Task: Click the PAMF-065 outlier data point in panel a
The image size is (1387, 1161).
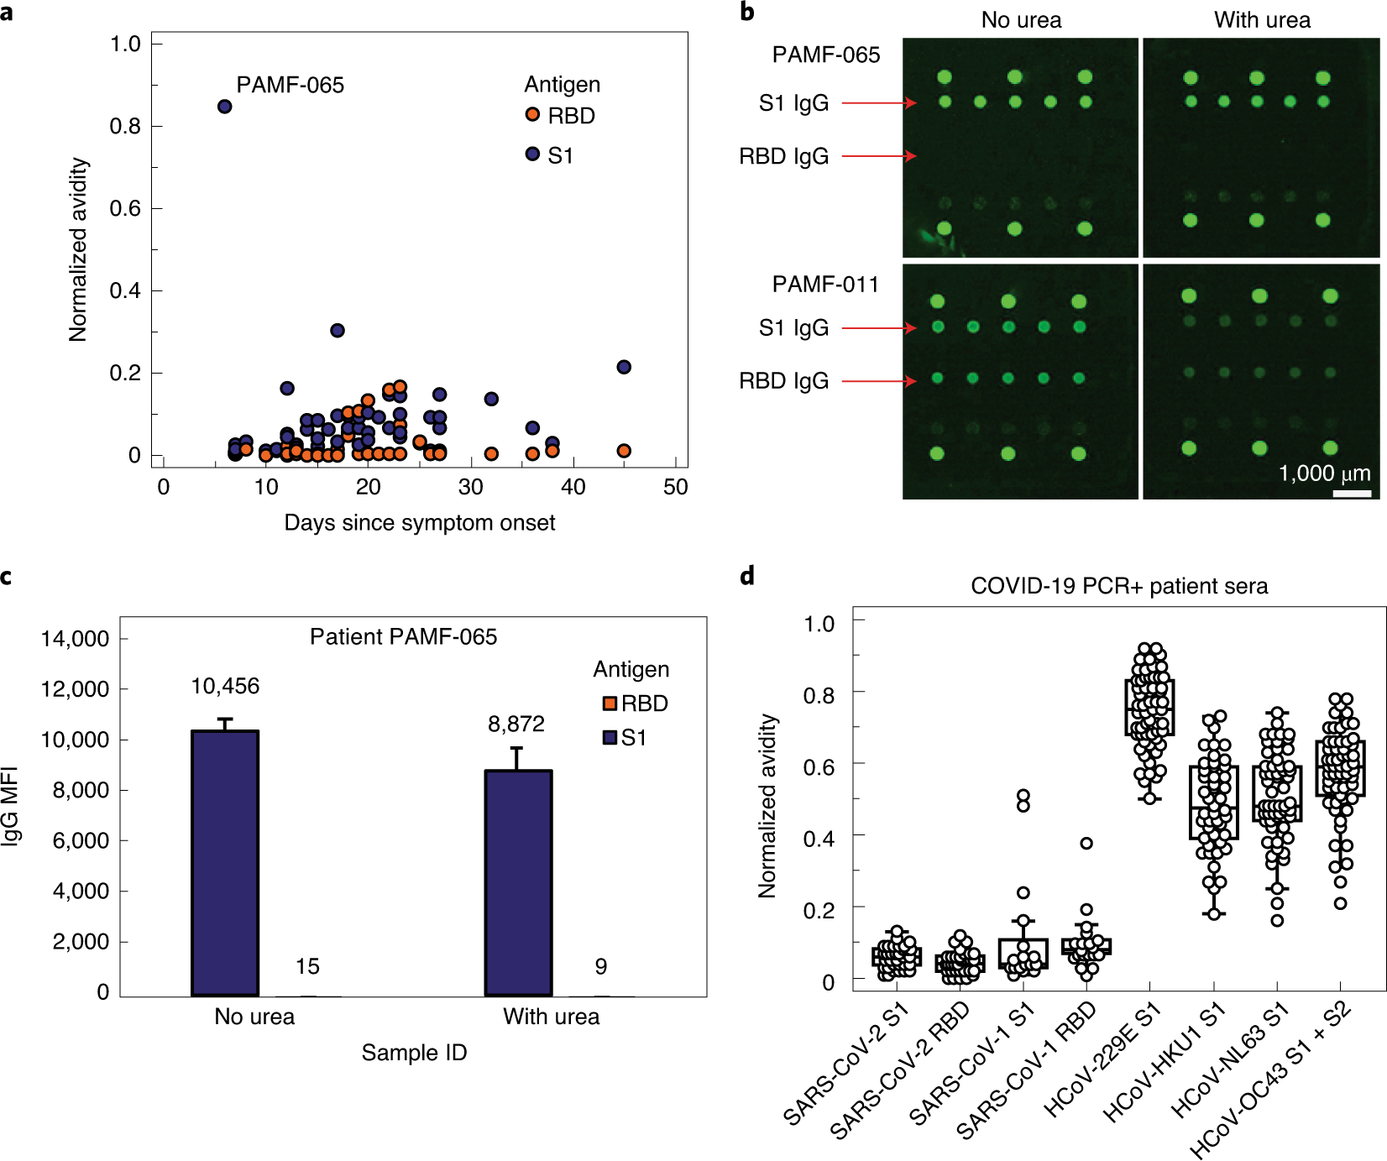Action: [224, 107]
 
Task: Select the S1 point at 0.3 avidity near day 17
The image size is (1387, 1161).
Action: [338, 330]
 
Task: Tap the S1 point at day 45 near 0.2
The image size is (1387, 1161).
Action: [624, 367]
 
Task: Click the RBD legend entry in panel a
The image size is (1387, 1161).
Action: [560, 116]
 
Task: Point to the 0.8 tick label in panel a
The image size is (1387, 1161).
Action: [125, 127]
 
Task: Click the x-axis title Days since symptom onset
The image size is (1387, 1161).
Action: [419, 523]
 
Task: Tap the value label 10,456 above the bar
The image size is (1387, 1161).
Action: [225, 687]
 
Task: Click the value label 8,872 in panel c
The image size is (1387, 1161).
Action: [516, 724]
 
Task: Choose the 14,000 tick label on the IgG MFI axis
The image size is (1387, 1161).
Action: [76, 639]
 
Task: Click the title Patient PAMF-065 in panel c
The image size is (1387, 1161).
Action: [403, 637]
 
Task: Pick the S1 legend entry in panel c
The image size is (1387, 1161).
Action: [625, 738]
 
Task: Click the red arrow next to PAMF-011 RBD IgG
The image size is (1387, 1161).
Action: [878, 381]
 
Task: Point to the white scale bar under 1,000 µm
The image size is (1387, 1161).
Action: [1352, 494]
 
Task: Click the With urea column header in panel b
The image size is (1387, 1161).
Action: [1262, 20]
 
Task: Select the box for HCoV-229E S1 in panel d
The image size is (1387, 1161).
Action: [1149, 708]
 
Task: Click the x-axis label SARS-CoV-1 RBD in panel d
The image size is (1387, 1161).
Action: [1028, 1071]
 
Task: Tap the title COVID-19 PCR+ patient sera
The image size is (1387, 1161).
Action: [1118, 586]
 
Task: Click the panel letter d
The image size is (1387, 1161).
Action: [747, 576]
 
